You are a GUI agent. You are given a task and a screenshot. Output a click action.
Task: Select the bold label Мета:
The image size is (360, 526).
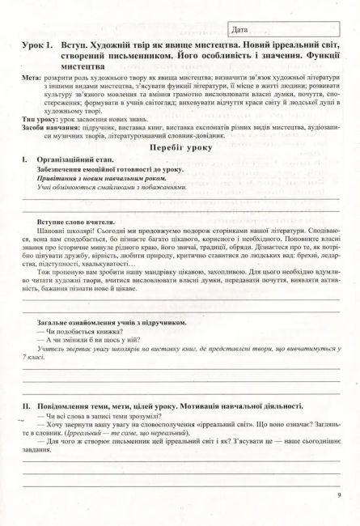click(33, 78)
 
